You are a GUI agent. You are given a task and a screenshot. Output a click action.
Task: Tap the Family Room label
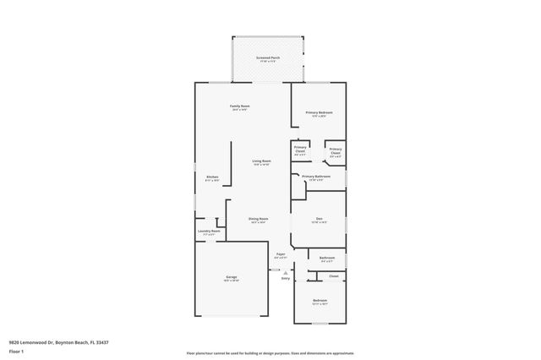[x=240, y=106]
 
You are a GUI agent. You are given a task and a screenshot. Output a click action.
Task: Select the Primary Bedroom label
[x=319, y=112]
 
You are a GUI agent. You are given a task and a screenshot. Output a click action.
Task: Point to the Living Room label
[x=261, y=161]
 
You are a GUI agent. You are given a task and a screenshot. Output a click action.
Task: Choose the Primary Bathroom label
[x=316, y=177]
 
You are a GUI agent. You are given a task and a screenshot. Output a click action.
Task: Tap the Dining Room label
[x=259, y=219]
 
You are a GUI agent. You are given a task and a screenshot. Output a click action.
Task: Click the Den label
[x=320, y=219]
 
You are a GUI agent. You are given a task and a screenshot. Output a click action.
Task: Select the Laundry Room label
[x=209, y=231]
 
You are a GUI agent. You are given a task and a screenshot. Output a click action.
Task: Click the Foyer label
[x=281, y=254]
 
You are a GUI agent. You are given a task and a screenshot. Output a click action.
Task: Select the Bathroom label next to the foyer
[x=327, y=258]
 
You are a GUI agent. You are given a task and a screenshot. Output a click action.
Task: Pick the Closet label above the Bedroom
[x=334, y=275]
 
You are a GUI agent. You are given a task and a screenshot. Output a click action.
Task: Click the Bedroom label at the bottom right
[x=320, y=300]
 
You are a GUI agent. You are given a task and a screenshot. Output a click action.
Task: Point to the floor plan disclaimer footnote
[x=270, y=352]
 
